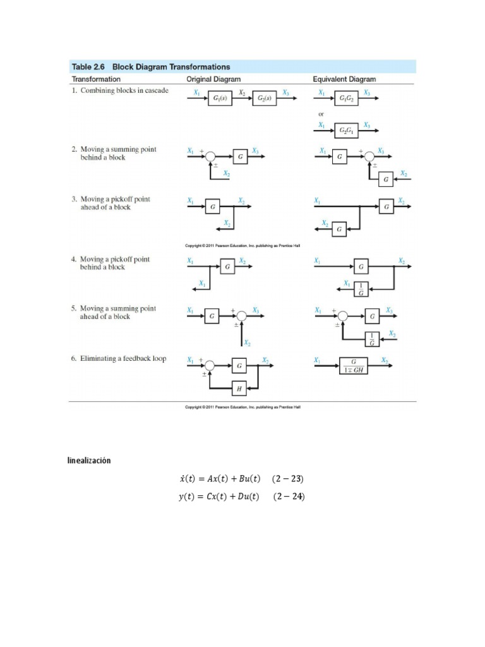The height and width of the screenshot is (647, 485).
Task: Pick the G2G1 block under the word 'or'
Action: (x=346, y=131)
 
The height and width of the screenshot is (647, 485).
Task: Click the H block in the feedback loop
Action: (x=239, y=389)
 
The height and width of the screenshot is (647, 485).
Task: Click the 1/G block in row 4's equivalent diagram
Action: (x=361, y=288)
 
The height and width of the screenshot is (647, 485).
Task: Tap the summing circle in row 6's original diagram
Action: (x=209, y=366)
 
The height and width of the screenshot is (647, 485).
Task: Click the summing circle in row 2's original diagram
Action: (x=209, y=156)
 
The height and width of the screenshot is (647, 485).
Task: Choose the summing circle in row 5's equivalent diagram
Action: (x=343, y=315)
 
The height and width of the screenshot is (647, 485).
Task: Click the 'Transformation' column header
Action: (x=96, y=80)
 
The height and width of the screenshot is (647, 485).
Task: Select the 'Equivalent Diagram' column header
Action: (x=344, y=80)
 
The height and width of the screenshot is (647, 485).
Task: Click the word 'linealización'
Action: (x=89, y=461)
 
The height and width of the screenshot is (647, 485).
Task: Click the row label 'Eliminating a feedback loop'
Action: (x=118, y=359)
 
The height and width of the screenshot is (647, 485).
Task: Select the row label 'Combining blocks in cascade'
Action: (x=119, y=91)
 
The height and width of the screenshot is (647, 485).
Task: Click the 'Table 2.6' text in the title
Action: (x=88, y=66)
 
